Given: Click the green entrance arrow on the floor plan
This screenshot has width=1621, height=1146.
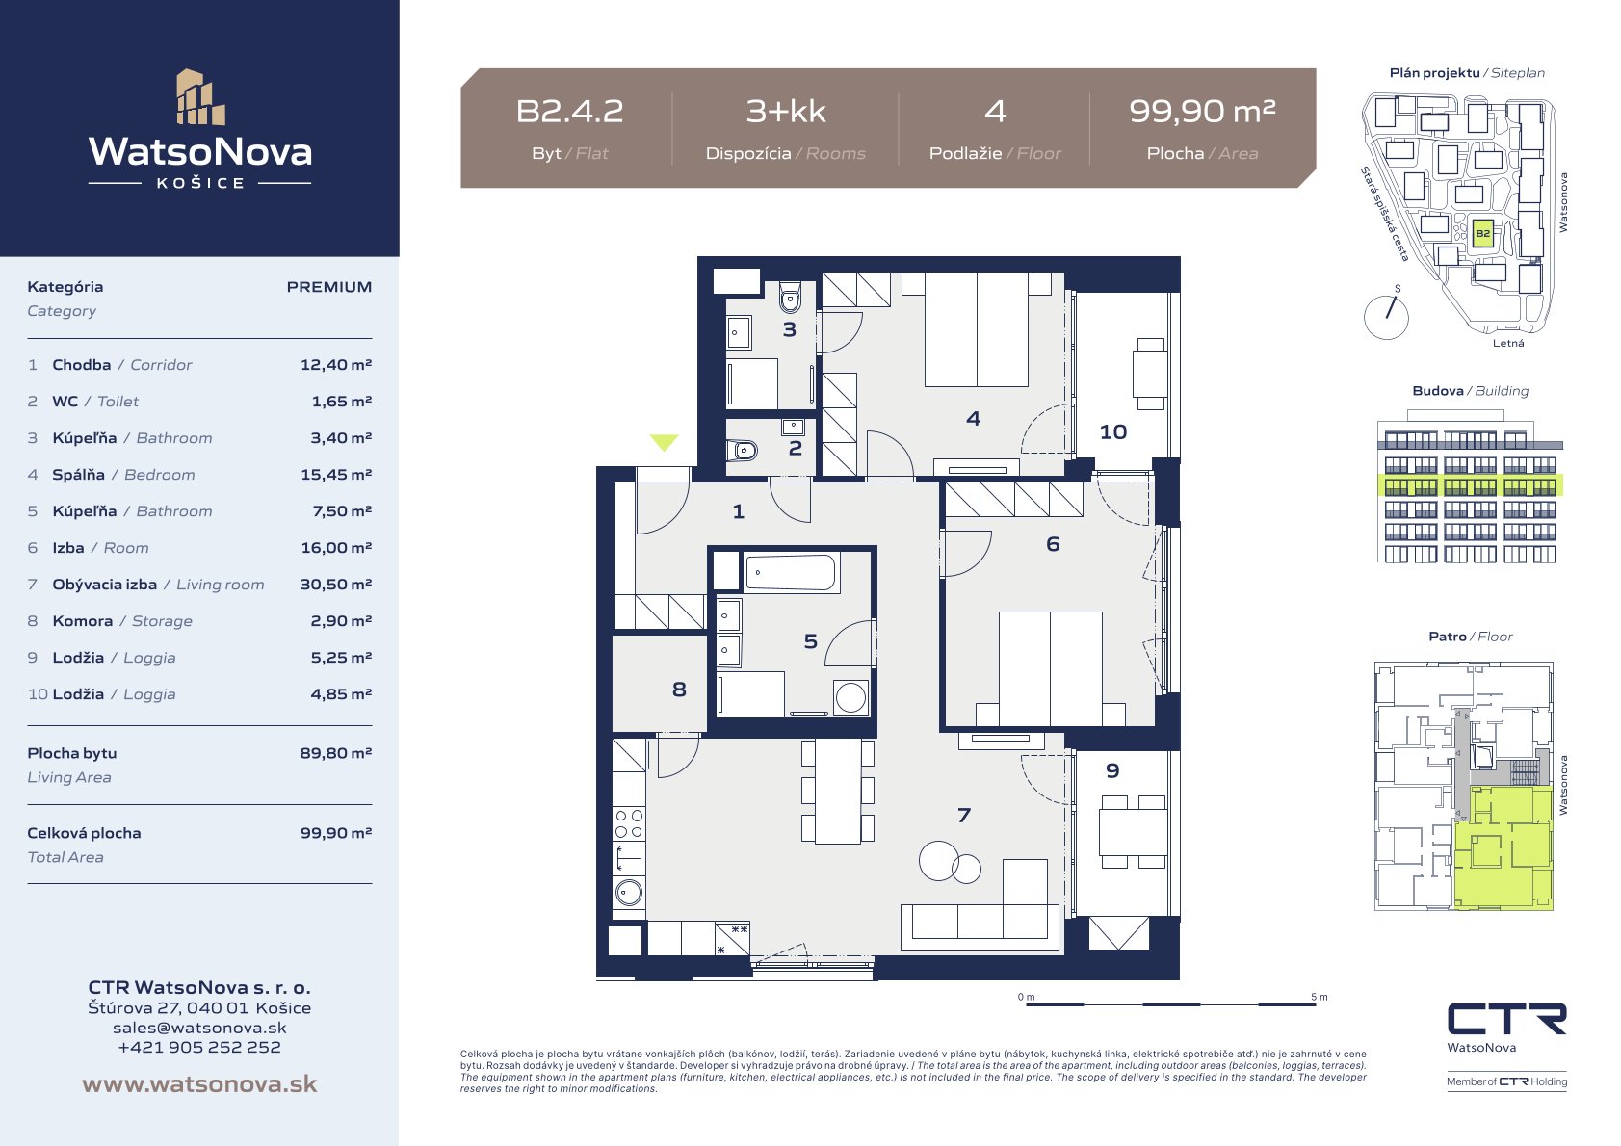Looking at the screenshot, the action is tap(664, 441).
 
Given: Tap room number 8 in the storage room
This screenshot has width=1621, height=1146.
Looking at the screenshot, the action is tap(679, 689).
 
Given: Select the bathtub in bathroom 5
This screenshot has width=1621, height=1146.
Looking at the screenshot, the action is tap(792, 573).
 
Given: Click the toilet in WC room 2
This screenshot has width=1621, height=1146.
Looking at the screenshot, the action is tap(742, 451).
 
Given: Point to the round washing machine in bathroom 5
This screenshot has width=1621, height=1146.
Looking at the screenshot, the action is tap(850, 697).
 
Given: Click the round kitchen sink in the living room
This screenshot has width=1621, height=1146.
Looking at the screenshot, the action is tap(629, 893).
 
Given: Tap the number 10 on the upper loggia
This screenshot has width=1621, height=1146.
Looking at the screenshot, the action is tap(1113, 432).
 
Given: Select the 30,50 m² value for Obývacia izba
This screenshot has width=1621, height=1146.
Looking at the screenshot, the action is tap(336, 584).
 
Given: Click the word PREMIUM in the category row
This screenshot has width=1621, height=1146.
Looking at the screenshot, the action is tap(329, 287).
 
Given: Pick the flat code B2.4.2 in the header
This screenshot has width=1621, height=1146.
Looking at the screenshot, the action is tap(569, 112).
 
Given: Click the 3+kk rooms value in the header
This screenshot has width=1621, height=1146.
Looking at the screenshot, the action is tap(786, 112).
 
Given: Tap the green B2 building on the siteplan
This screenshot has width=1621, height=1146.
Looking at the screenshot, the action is tap(1482, 234).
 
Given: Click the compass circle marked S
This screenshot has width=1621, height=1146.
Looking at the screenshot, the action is tap(1386, 317).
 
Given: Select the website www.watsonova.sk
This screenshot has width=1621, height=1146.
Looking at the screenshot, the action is tap(199, 1083).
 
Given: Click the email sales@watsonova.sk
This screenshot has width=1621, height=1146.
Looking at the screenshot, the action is tap(199, 1028).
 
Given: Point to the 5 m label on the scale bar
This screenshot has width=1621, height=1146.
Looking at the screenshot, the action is tap(1320, 997).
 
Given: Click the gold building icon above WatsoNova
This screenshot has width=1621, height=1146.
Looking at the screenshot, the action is tap(200, 97).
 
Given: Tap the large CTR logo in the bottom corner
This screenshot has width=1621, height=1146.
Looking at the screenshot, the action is tap(1506, 1019).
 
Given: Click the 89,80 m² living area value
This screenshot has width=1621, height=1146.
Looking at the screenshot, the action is tap(336, 752).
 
